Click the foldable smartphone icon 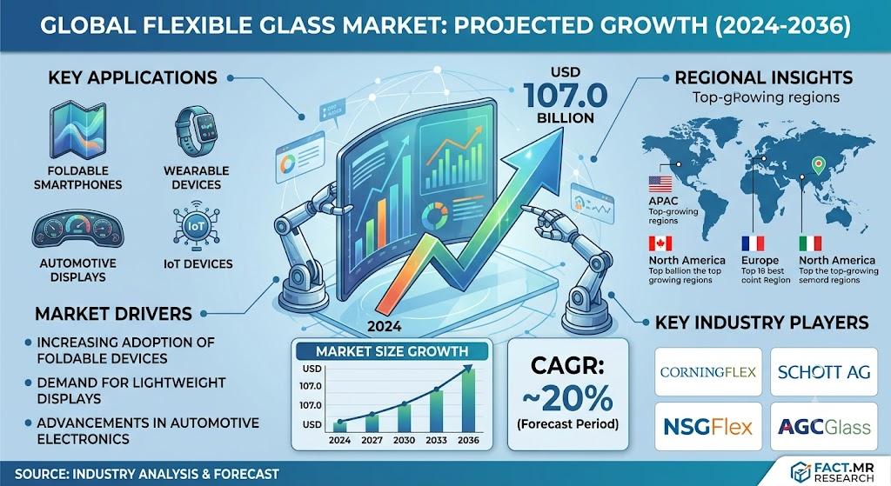[x=77, y=130]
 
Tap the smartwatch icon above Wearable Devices [x=197, y=131]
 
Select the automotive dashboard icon [x=77, y=230]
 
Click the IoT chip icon [x=196, y=227]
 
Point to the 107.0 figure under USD [x=566, y=95]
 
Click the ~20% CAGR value [x=567, y=398]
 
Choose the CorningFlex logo [x=708, y=372]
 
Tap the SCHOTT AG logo [x=824, y=372]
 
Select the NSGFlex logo [x=708, y=426]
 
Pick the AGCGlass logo [x=824, y=426]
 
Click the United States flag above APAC [x=660, y=184]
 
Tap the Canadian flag [x=660, y=243]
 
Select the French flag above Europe [x=753, y=243]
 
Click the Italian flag [x=810, y=243]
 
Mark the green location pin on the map [x=818, y=165]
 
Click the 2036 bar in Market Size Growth [x=467, y=401]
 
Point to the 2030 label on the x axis [x=404, y=440]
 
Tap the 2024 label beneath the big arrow [x=384, y=326]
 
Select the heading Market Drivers [x=114, y=314]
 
